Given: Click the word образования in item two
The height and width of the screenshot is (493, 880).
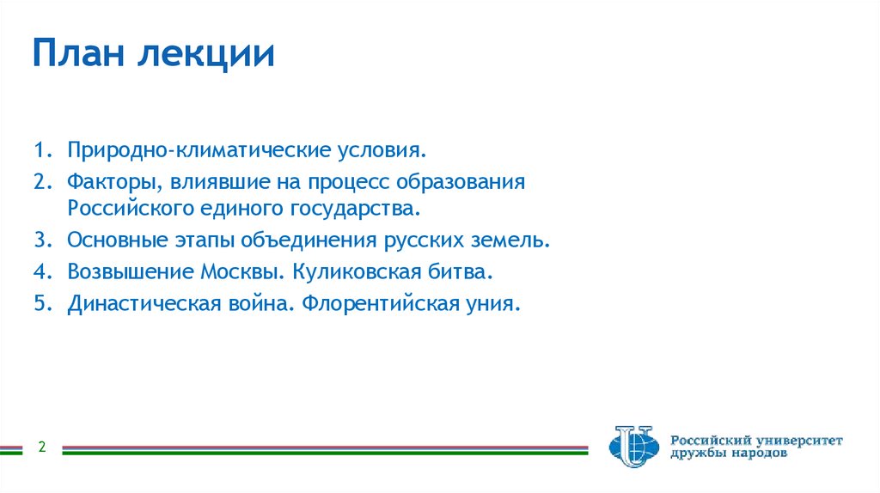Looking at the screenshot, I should click(x=473, y=183).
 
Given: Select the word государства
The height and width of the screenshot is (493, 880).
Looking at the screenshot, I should click(x=364, y=208).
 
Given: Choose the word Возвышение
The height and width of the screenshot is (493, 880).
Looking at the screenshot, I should click(x=130, y=272).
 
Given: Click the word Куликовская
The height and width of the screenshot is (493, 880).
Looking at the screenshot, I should click(x=348, y=272).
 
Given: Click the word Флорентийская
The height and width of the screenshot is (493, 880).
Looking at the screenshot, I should click(x=377, y=305).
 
